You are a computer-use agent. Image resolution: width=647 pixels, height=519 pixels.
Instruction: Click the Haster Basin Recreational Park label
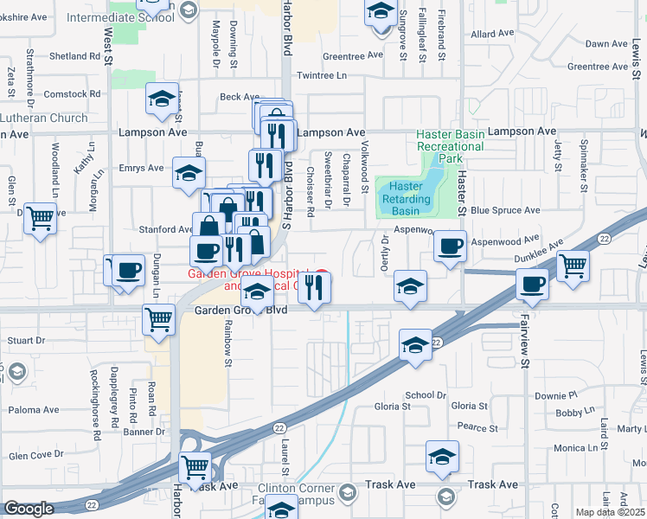pos(450,146)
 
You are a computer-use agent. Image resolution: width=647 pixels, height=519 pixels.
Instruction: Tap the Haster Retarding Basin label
pos(405,198)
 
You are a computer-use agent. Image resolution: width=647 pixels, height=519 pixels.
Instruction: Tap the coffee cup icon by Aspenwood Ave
pos(450,247)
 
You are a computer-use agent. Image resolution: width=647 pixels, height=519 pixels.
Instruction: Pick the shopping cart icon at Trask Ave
pos(195,468)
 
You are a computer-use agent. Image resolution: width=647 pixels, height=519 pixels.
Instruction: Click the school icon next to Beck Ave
pos(162,100)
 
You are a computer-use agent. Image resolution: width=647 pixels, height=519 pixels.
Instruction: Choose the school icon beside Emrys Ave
pos(189,173)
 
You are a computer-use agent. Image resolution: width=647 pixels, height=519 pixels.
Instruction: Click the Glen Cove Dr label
pos(36,454)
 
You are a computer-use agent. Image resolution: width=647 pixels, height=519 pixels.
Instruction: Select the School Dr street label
pos(426,394)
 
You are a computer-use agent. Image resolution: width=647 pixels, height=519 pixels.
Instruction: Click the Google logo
pos(28,509)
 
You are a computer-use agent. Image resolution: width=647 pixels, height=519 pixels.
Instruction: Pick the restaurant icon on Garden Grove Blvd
pos(315,287)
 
